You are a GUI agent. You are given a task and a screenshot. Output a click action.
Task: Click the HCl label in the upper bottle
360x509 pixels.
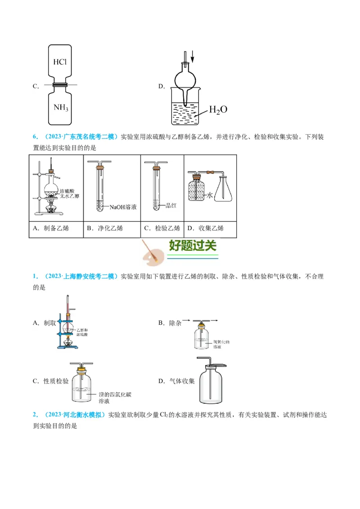coord(60,62)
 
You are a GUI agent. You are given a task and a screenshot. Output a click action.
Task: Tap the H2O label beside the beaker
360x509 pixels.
coord(217,110)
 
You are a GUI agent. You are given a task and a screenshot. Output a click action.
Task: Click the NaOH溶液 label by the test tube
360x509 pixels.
coord(123,207)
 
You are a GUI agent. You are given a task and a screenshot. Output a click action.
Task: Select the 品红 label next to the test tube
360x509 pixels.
coord(171,205)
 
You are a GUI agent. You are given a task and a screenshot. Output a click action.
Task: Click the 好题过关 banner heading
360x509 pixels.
coord(193,246)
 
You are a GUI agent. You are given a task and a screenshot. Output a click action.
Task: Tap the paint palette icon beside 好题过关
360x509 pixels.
coord(151,254)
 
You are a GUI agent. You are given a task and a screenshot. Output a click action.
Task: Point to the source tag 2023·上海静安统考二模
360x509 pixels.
coord(78,277)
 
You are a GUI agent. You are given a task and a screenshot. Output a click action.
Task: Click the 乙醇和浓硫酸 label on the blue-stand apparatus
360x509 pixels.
coord(86,332)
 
